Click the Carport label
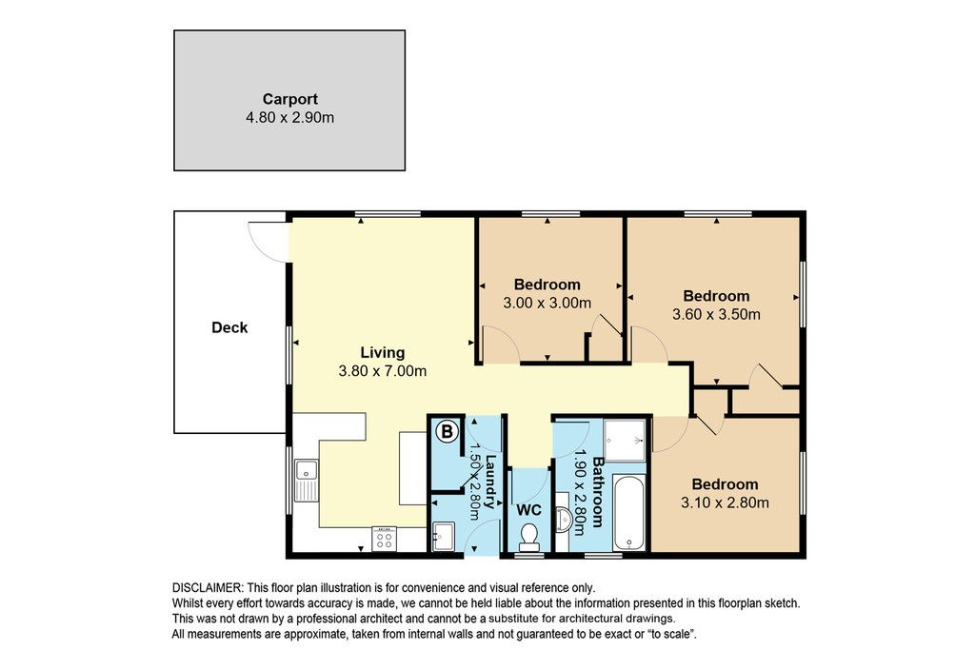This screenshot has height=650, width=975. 289,99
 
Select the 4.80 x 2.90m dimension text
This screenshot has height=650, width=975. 289,117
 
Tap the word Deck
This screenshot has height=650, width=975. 229,327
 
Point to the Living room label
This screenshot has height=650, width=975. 383,353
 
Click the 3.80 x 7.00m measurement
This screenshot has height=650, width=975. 383,371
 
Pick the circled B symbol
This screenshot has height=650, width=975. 448,431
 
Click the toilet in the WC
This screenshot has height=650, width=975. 529,537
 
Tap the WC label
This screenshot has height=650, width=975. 529,510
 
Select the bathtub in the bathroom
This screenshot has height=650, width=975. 629,513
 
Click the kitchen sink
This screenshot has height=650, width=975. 307,480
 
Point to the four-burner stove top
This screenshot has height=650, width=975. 385,538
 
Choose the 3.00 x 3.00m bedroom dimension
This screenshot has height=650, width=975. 547,304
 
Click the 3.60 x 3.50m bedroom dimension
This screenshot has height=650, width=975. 716,314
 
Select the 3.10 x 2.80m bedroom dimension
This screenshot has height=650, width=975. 725,502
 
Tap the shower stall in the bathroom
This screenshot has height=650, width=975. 626,440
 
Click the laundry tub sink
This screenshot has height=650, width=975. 444,536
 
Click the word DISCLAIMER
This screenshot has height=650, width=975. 207,588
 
